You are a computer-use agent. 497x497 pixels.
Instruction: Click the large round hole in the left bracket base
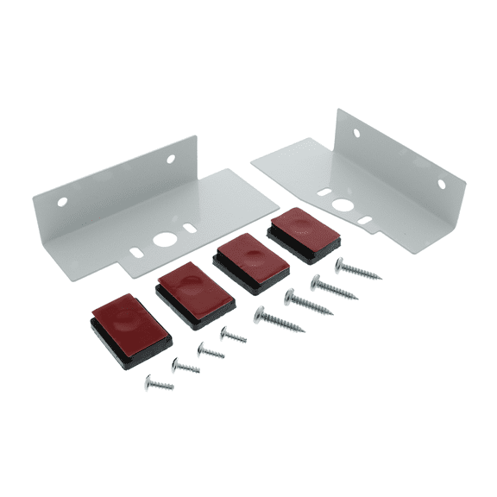point(162,240)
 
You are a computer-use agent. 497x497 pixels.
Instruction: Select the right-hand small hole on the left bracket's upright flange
point(170,160)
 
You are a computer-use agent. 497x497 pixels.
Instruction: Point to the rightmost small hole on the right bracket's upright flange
point(441,184)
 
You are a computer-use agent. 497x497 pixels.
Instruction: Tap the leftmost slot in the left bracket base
point(138,253)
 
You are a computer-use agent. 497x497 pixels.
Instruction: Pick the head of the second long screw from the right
point(316,280)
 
